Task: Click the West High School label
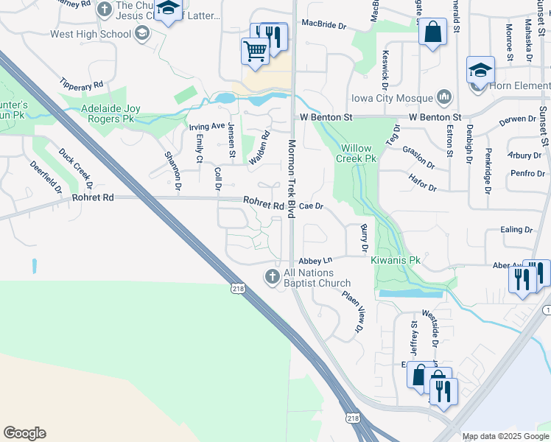(x=91, y=34)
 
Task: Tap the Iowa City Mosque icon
(x=444, y=97)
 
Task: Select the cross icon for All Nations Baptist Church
(x=272, y=277)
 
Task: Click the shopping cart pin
(x=255, y=51)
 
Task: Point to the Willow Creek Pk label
(x=357, y=152)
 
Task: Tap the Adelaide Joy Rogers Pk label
(x=110, y=113)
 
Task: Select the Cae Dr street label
(x=312, y=206)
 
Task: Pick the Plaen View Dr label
(x=351, y=311)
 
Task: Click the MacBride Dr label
(x=323, y=25)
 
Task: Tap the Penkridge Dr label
(x=488, y=170)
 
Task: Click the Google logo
(x=24, y=433)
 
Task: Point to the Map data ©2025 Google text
(x=505, y=436)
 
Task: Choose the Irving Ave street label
(x=206, y=126)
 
